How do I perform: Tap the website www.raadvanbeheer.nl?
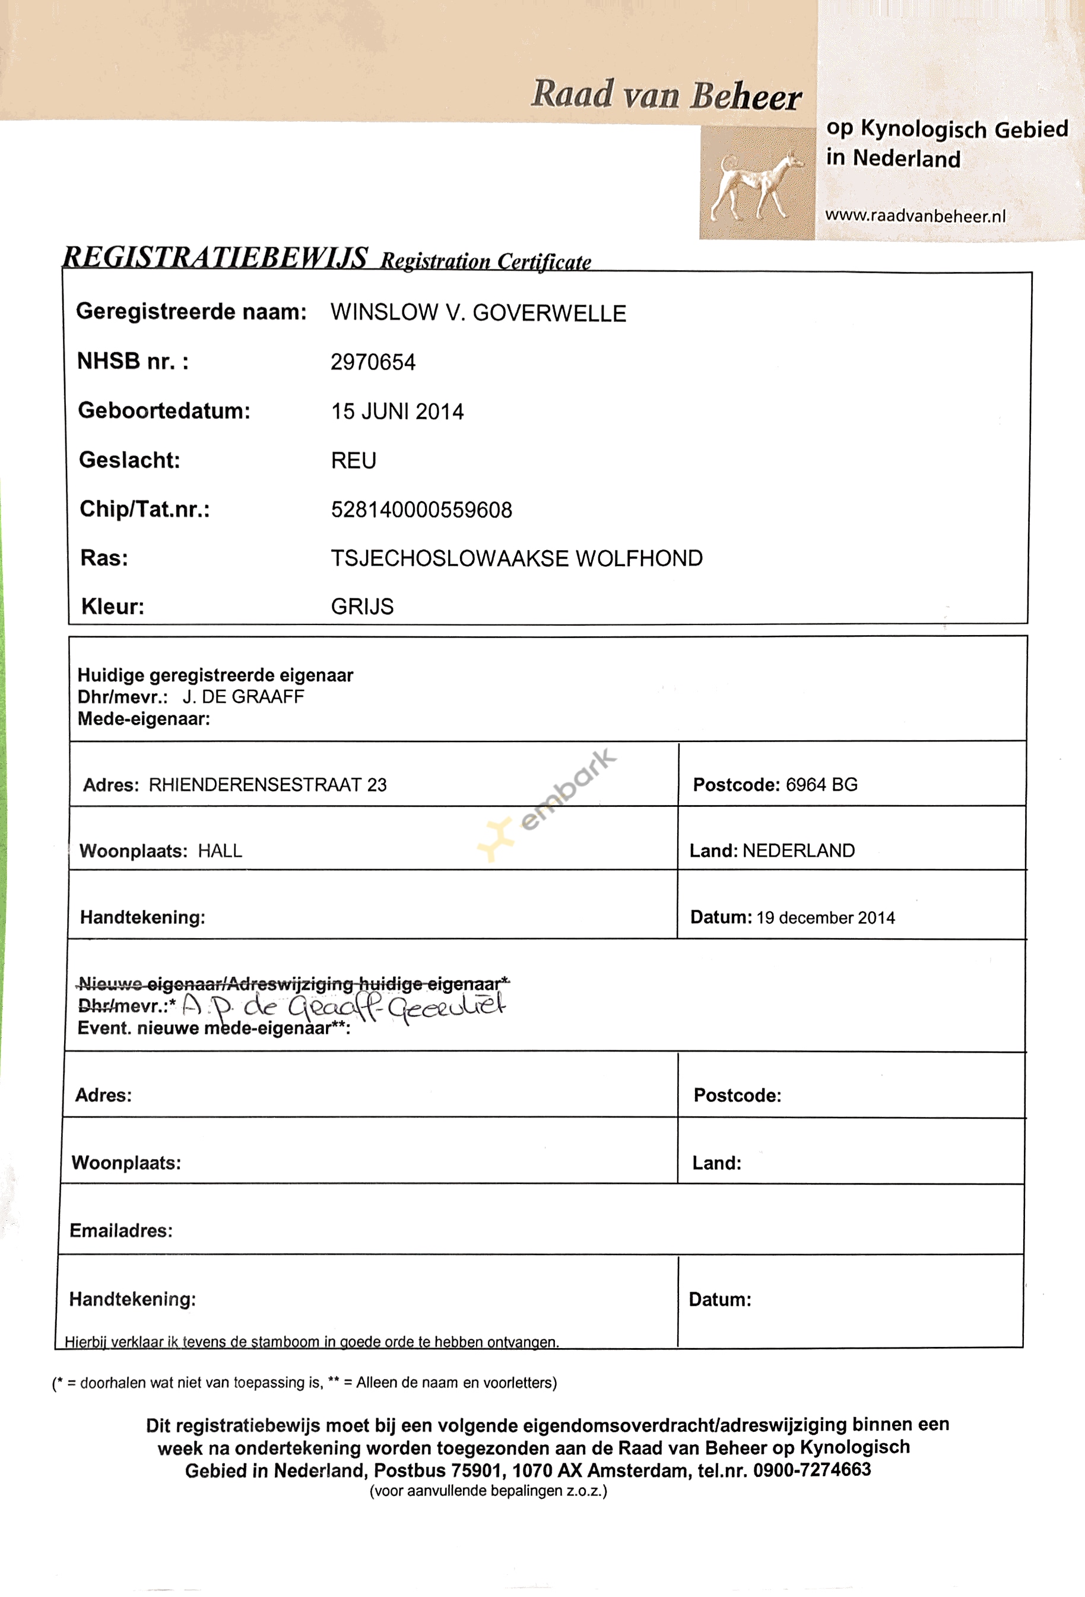click(915, 216)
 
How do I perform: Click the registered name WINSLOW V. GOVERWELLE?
click(478, 313)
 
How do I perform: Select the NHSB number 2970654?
click(373, 362)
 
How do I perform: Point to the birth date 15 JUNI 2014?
click(397, 412)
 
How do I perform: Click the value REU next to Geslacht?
click(354, 460)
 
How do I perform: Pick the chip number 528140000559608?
click(421, 510)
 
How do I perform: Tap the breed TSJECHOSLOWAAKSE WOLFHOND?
click(516, 558)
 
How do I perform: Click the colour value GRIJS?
click(362, 607)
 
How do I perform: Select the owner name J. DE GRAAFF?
click(243, 697)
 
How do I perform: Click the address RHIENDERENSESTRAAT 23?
click(268, 785)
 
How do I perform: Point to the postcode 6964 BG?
click(821, 785)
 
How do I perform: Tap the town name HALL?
click(220, 851)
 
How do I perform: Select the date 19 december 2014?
click(826, 918)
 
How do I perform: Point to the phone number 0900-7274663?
click(812, 1470)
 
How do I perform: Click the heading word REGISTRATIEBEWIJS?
click(215, 258)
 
